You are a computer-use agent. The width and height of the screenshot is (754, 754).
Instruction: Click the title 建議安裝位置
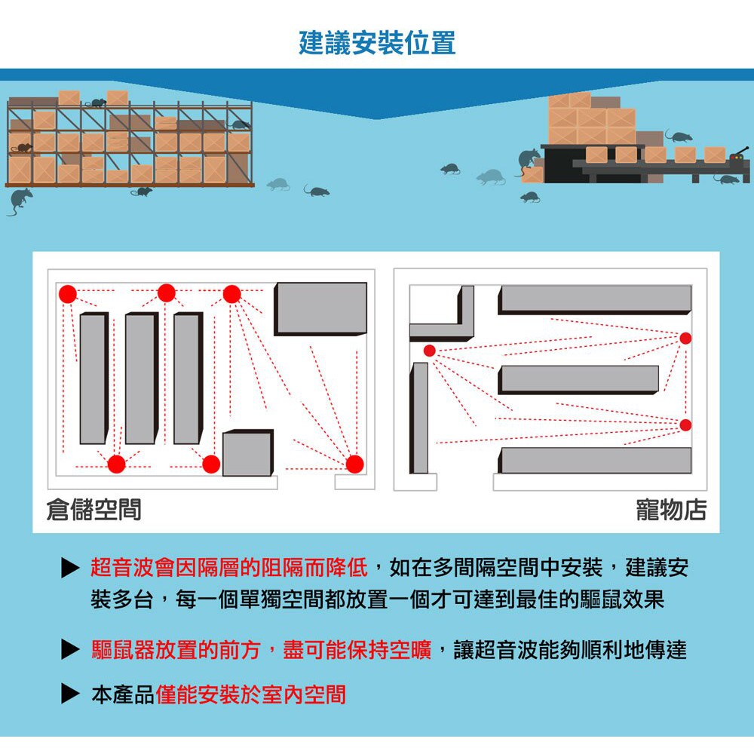377,42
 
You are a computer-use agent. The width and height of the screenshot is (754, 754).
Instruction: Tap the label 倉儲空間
93,510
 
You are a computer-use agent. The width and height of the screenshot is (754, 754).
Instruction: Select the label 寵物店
672,510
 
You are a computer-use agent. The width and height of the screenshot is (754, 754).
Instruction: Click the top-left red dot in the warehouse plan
68,293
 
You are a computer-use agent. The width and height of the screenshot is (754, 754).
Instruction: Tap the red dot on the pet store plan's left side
429,351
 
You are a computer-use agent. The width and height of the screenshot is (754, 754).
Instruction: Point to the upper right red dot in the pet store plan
685,338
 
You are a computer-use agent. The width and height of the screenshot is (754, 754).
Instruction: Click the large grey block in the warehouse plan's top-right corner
321,308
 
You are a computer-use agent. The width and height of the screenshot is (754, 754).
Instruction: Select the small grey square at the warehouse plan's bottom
248,453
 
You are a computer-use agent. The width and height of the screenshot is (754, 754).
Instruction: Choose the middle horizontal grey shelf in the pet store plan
578,379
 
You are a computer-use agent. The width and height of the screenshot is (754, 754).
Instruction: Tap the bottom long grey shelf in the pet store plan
596,460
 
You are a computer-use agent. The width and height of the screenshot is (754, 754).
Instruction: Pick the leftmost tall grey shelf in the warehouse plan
93,379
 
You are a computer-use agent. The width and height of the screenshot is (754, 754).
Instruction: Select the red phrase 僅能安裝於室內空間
251,694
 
